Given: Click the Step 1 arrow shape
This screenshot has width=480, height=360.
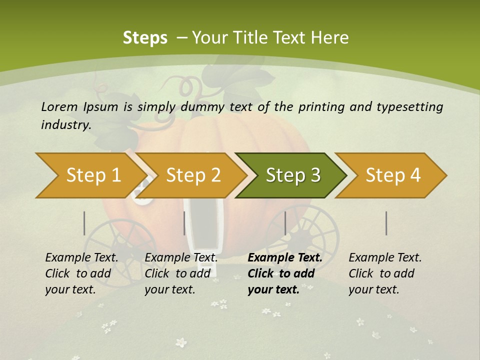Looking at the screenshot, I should point(90,175).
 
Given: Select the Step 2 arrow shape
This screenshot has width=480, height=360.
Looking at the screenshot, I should point(193,175).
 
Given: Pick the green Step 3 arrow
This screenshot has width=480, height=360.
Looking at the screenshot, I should point(292,175).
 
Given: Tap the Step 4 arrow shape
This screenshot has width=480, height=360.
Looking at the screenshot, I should point(393,175).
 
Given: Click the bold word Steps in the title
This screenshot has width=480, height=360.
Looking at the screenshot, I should point(145,37).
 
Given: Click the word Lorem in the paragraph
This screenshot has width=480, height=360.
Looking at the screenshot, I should point(58,106).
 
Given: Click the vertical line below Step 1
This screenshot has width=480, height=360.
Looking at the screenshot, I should point(84,223).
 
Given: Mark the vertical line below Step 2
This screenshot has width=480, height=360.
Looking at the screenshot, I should point(184,223).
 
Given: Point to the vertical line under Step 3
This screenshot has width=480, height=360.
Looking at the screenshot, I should point(285,223).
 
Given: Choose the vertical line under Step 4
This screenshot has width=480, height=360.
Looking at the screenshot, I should point(386,223).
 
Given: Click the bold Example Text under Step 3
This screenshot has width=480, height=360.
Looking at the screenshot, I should point(285,257).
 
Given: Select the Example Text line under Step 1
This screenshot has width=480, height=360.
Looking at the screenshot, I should point(81,257).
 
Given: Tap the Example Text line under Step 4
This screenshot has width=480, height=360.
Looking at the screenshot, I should point(385,257).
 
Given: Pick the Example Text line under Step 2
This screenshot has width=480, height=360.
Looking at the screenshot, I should point(181,257).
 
